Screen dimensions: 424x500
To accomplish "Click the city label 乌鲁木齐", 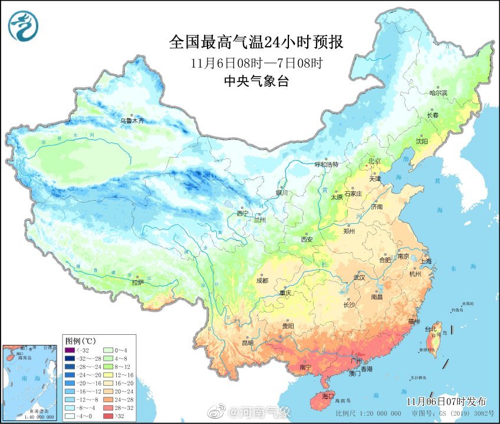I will (132, 120).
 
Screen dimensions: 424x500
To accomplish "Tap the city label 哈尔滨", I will (438, 93).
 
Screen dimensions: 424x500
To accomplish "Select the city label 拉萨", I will (137, 282).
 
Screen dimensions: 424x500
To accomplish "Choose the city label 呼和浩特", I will (327, 165).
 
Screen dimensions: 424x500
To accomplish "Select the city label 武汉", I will (358, 277).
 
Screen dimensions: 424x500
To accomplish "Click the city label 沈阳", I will (422, 141).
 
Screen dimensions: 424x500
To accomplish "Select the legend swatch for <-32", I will (71, 350).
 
